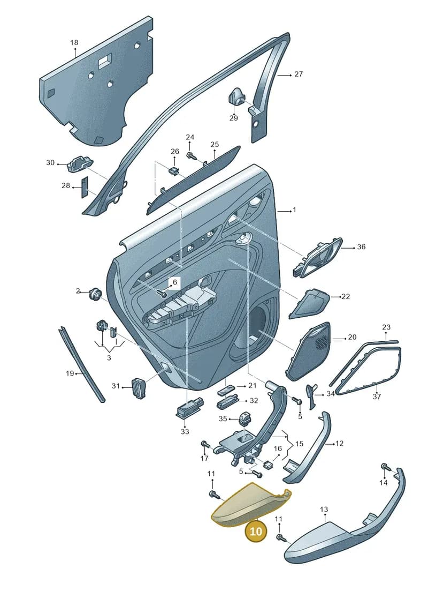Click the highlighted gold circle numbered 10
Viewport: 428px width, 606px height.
(256, 531)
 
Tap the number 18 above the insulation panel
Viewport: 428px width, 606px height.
(74, 42)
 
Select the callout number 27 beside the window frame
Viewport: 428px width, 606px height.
(299, 74)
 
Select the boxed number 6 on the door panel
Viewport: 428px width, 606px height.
(174, 282)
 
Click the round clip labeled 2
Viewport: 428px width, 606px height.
(94, 293)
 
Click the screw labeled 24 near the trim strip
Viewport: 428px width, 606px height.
(191, 155)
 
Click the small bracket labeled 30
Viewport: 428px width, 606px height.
(80, 164)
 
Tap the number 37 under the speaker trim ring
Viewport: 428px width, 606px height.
(377, 396)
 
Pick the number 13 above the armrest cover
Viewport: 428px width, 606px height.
(324, 510)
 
